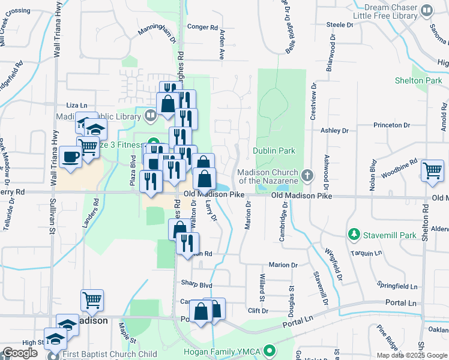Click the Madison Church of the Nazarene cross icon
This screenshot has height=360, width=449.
click(307, 175)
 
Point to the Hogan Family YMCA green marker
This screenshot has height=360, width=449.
click(270, 350)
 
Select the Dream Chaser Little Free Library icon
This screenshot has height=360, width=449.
click(426, 11)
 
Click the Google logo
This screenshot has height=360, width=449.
click(20, 353)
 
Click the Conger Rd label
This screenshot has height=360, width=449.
click(202, 27)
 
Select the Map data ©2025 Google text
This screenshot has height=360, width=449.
click(411, 355)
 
